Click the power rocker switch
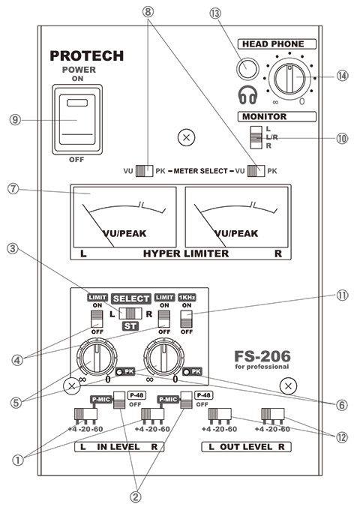coord(77,119)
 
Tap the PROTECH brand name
coord(87,56)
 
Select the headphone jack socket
coord(247,69)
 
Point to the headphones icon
coord(247,94)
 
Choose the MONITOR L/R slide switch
coord(256,137)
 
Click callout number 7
coord(13,189)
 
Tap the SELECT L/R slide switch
coord(130,313)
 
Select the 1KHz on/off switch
coord(186,319)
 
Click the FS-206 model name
coord(262,356)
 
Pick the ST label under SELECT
coord(130,326)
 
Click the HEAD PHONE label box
coord(277,44)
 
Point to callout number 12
coord(341,437)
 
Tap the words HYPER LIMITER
coord(186,253)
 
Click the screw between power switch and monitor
coord(186,137)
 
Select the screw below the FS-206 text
coord(288,386)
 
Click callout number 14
coord(342,76)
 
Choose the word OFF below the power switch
coord(76,159)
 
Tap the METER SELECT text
coord(200,171)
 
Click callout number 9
coord(15,120)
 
